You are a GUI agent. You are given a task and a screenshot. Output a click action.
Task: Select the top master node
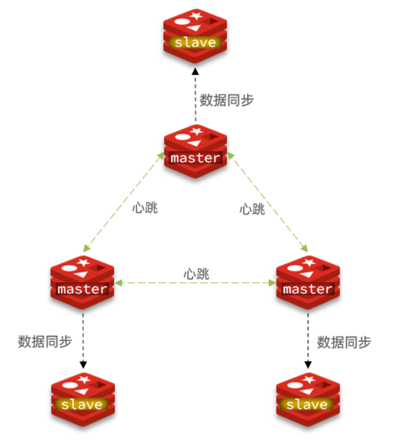[x=195, y=152]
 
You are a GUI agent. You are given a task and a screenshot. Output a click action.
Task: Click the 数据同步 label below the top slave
[x=226, y=100]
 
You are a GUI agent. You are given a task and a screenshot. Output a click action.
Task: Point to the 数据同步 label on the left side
[x=45, y=341]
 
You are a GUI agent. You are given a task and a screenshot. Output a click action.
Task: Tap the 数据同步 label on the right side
[x=344, y=342]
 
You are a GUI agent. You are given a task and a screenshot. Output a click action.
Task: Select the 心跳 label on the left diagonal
[x=145, y=209]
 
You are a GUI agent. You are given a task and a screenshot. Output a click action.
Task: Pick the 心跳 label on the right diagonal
[x=252, y=209]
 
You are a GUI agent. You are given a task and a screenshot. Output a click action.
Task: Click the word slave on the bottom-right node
[x=307, y=405]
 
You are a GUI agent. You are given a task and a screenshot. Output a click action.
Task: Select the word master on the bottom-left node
[x=82, y=289]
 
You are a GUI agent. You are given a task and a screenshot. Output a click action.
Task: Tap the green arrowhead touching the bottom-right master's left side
[x=274, y=282]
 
